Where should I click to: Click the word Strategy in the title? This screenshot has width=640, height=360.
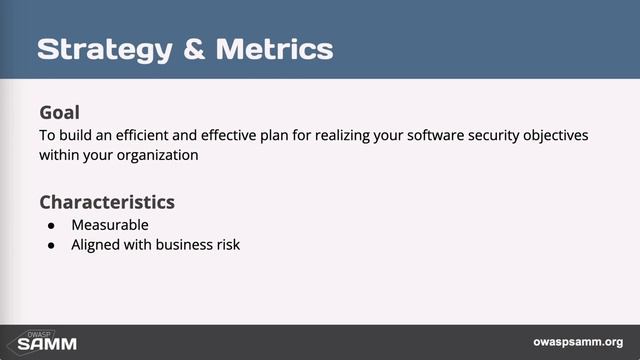click(x=100, y=49)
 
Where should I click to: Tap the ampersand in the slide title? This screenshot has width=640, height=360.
click(x=190, y=49)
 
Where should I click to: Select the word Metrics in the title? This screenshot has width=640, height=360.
click(x=271, y=49)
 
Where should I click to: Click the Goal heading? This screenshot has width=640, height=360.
click(x=59, y=112)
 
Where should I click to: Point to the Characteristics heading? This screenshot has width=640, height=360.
click(x=107, y=202)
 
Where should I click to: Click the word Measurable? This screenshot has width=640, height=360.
click(x=110, y=225)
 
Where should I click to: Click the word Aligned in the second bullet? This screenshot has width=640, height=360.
click(x=95, y=244)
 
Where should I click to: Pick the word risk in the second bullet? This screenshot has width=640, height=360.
click(x=227, y=244)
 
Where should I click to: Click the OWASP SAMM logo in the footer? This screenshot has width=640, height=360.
click(x=39, y=342)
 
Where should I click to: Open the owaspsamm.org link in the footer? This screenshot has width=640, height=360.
click(x=578, y=342)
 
